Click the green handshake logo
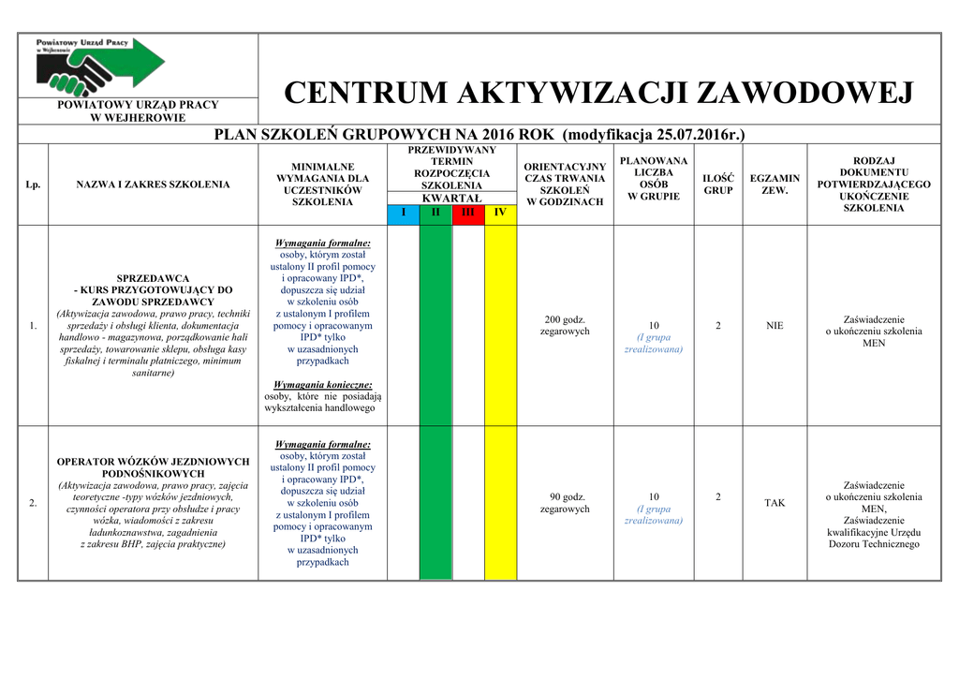click(x=100, y=64)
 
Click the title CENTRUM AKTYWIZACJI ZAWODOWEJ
click(x=598, y=94)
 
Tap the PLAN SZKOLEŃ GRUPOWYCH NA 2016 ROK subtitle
click(x=479, y=134)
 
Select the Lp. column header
click(x=33, y=185)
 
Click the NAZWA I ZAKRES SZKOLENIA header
click(x=153, y=185)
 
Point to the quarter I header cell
click(x=404, y=213)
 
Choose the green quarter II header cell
click(x=435, y=213)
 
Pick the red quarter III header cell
click(x=467, y=213)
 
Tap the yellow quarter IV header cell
click(x=500, y=213)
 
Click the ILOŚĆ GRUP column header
click(x=718, y=185)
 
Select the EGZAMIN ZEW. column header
click(x=775, y=185)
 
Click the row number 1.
click(x=33, y=326)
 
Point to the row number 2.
click(x=33, y=504)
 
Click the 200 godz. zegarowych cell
click(x=565, y=326)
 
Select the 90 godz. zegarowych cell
click(x=565, y=503)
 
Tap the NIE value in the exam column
click(x=775, y=326)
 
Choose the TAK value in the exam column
click(x=775, y=503)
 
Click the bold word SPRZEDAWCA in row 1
click(x=153, y=278)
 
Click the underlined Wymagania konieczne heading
click(x=323, y=384)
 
